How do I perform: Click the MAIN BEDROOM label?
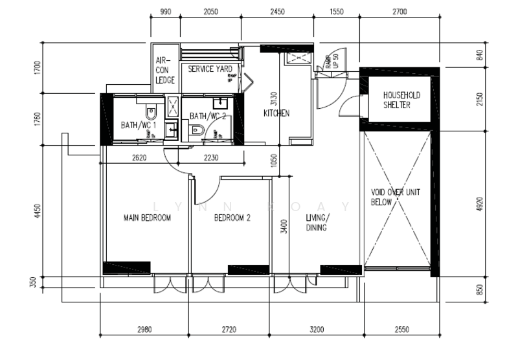tap(147, 218)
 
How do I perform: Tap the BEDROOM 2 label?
tap(232, 218)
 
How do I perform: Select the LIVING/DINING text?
tap(317, 223)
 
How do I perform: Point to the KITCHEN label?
tap(276, 113)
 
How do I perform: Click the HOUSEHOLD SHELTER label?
tap(401, 100)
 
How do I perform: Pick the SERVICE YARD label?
tap(210, 69)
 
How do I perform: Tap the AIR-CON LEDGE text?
tap(165, 70)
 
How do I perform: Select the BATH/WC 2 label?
tap(208, 117)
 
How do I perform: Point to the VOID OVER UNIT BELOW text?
tap(395, 197)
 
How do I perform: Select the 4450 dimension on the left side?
tap(38, 212)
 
